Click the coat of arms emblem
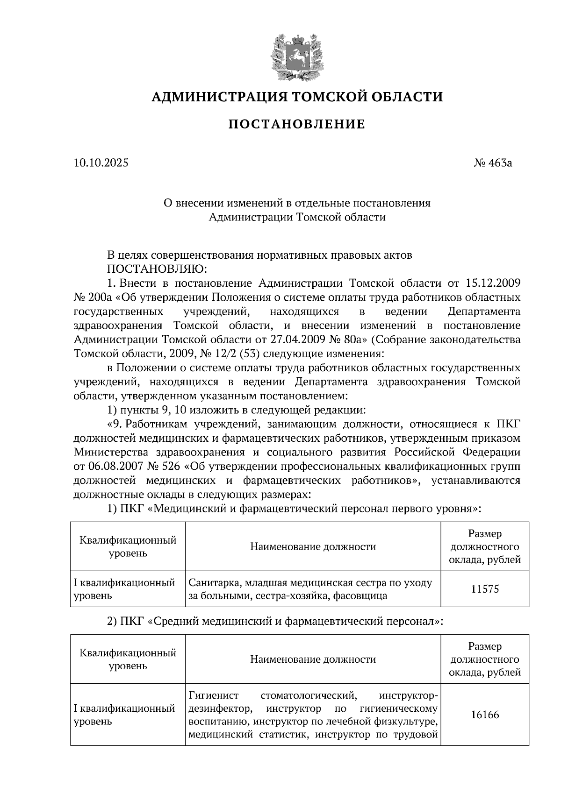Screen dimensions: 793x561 coord(296,56)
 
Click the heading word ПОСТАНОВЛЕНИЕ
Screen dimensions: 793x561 coord(296,124)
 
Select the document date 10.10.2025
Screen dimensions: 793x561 coord(101,163)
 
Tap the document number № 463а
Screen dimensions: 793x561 coord(493,163)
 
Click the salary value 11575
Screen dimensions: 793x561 coord(485,589)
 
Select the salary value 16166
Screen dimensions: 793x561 coord(485,715)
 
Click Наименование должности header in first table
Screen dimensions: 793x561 coord(313,546)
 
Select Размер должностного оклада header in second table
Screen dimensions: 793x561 coord(485,659)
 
